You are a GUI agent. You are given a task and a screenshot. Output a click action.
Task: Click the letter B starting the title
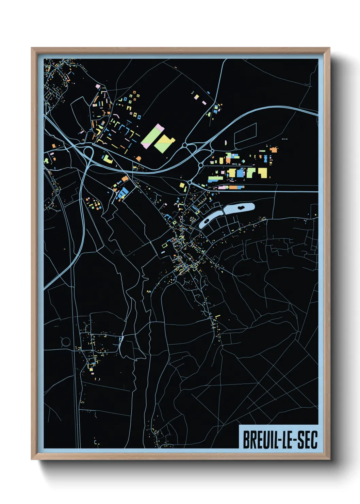click(x=246, y=440)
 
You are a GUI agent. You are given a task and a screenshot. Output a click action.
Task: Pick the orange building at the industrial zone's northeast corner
click(x=274, y=149)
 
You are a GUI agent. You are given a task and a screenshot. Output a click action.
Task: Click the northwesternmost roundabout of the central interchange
click(x=184, y=145)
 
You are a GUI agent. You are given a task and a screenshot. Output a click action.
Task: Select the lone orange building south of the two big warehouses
click(x=138, y=158)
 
